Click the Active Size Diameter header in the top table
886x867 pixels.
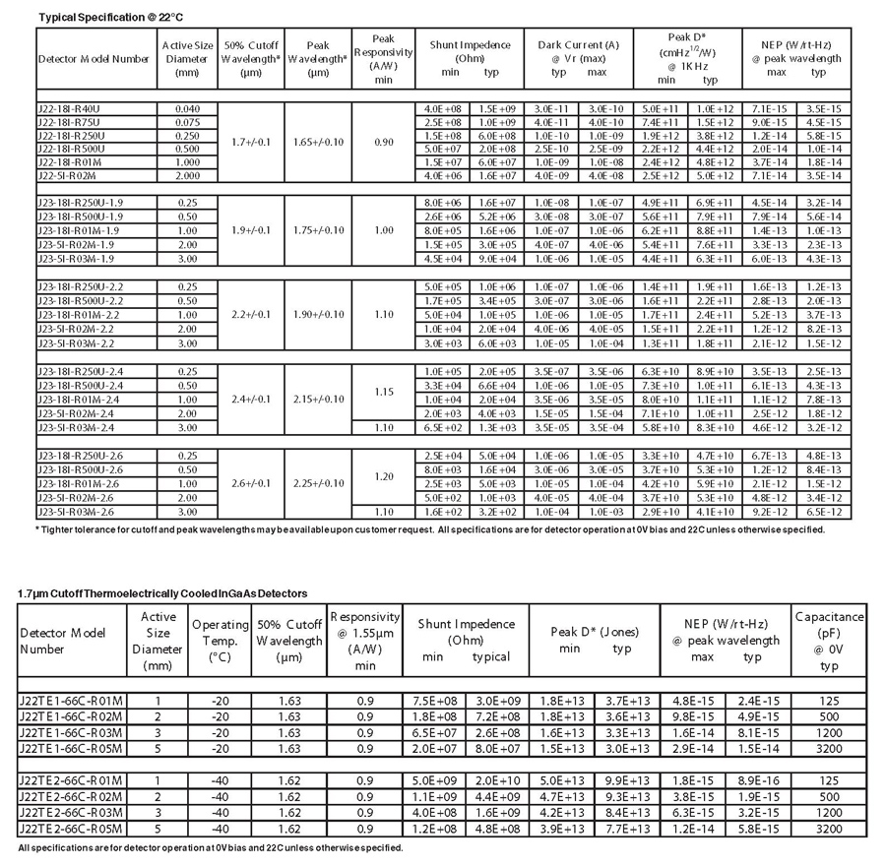click(x=186, y=58)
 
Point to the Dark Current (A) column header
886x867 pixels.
click(x=578, y=45)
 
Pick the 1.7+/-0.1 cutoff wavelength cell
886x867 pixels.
click(x=249, y=142)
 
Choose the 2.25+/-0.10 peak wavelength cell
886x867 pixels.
click(x=318, y=483)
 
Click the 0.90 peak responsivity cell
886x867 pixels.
click(x=384, y=142)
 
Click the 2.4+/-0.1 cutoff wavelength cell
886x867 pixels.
click(x=249, y=400)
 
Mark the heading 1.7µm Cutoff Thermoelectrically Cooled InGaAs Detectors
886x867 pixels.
click(x=162, y=593)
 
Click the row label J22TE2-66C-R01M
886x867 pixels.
click(x=69, y=780)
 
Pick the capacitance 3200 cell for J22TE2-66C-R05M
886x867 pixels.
click(x=828, y=829)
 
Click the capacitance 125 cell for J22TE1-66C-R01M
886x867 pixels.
click(x=828, y=701)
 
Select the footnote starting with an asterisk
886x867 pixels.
click(x=429, y=529)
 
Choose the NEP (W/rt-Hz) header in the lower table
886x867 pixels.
click(x=725, y=624)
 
